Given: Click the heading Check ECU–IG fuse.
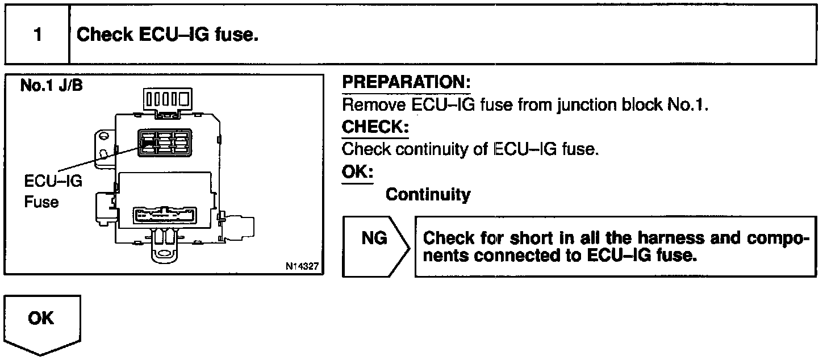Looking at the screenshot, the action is pyautogui.click(x=168, y=35).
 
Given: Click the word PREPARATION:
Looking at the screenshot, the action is pyautogui.click(x=406, y=83).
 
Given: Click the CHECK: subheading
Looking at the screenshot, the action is pyautogui.click(x=375, y=127).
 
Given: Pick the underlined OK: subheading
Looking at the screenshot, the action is pyautogui.click(x=357, y=172).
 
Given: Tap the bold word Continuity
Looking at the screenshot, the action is pyautogui.click(x=428, y=195).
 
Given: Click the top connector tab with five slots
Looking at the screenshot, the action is pyautogui.click(x=165, y=100).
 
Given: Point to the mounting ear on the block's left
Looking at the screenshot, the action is pyautogui.click(x=101, y=145).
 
